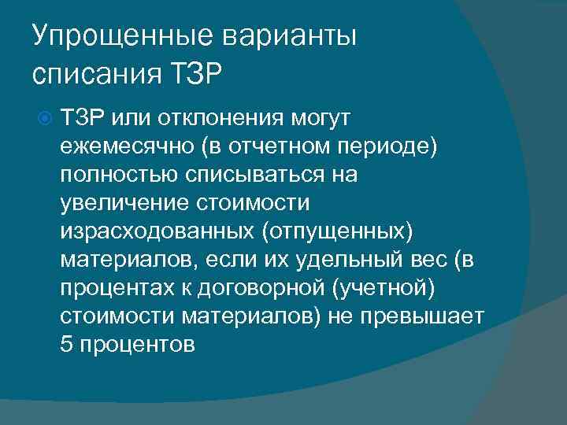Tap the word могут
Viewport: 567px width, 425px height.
(313, 117)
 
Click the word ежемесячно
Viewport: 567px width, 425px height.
(126, 146)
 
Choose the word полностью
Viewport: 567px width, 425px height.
(113, 175)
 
